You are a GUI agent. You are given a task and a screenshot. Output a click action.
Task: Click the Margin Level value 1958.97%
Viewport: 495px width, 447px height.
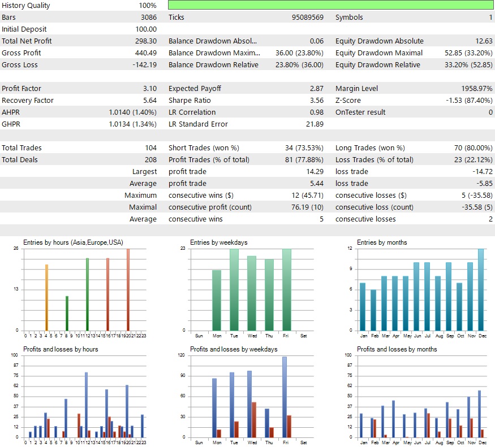pos(471,88)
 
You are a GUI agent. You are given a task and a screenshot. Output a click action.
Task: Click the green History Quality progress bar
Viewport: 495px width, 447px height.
pos(330,5)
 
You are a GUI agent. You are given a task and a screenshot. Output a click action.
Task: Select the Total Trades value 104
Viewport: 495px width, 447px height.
pos(150,147)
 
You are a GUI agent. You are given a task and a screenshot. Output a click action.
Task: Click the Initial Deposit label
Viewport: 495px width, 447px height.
pos(24,29)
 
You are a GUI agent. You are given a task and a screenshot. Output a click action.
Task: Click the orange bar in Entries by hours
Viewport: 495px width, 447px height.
pos(46,297)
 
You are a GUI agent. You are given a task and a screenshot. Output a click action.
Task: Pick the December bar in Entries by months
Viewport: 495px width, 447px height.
pos(481,289)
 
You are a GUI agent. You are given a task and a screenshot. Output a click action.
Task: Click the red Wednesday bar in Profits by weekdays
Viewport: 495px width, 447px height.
pos(254,419)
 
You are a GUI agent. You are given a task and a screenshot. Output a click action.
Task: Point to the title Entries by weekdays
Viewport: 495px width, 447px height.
pos(218,242)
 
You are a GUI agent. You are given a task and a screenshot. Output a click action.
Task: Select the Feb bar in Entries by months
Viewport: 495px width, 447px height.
pos(373,310)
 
